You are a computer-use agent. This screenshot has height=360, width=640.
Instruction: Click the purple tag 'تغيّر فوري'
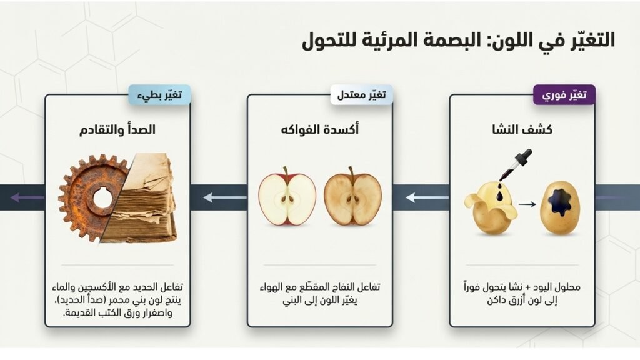pos(564,95)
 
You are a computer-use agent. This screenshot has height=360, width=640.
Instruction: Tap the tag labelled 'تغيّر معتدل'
pos(361,95)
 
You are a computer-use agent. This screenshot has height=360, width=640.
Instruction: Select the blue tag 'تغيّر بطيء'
pos(159,95)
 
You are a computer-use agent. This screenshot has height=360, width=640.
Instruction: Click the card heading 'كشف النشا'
pos(522,129)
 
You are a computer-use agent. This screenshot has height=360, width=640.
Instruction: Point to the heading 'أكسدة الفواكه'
pos(319,129)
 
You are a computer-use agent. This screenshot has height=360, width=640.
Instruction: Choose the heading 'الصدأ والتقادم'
pos(117,129)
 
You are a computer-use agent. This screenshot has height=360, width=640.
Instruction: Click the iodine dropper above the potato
pos(515,165)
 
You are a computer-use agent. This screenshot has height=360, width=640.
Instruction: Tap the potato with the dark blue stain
pos(559,208)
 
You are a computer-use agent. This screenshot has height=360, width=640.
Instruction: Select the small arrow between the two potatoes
pos(527,204)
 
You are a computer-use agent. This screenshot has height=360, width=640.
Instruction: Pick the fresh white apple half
pos(287,198)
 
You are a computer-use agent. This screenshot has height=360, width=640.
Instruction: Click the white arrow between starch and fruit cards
pos(427,198)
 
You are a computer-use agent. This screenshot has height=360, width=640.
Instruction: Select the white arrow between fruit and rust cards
pos(225,198)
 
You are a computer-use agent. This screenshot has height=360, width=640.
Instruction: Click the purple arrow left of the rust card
pos(27,198)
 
